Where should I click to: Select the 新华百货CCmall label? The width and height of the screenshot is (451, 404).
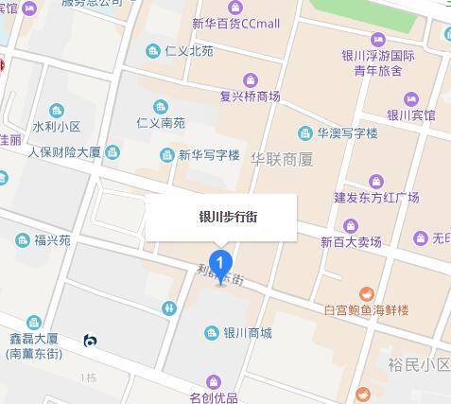coord(235,23)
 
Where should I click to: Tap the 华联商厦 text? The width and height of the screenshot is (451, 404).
coord(282,160)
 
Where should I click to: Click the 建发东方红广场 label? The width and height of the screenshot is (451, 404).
coord(376,197)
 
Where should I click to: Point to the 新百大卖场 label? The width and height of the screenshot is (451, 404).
coord(352,242)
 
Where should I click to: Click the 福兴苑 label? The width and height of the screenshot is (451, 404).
coord(52,240)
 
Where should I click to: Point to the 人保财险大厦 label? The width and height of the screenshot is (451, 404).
coord(64,151)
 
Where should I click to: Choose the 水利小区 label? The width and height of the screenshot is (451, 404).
coord(57,125)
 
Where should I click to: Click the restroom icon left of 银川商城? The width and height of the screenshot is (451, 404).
coord(169,307)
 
